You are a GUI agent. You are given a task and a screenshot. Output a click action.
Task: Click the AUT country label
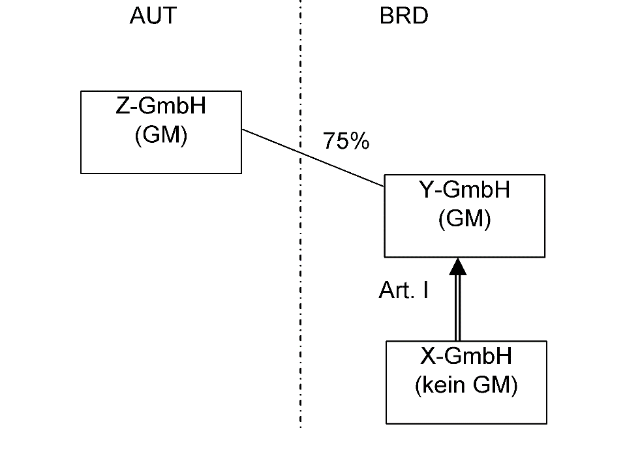153,16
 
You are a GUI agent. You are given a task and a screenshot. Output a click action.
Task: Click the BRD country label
404,16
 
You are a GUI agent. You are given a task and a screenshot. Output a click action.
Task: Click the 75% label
346,142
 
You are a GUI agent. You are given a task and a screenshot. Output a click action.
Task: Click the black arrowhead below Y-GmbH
459,265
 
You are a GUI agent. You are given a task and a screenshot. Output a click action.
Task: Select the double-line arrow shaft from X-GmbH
459,307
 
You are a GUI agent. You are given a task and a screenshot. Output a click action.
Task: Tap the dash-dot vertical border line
300,326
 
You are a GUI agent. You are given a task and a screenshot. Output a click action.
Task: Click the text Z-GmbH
160,106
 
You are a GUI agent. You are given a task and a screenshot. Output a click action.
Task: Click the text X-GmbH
466,356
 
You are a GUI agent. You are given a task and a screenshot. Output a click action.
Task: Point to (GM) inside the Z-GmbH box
160,136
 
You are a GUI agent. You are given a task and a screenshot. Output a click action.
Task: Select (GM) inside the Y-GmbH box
464,220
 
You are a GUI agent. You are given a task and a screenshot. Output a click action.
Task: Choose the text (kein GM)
466,386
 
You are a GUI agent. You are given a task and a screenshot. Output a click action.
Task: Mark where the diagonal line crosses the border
300,153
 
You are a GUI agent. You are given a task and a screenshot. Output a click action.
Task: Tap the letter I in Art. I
425,291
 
